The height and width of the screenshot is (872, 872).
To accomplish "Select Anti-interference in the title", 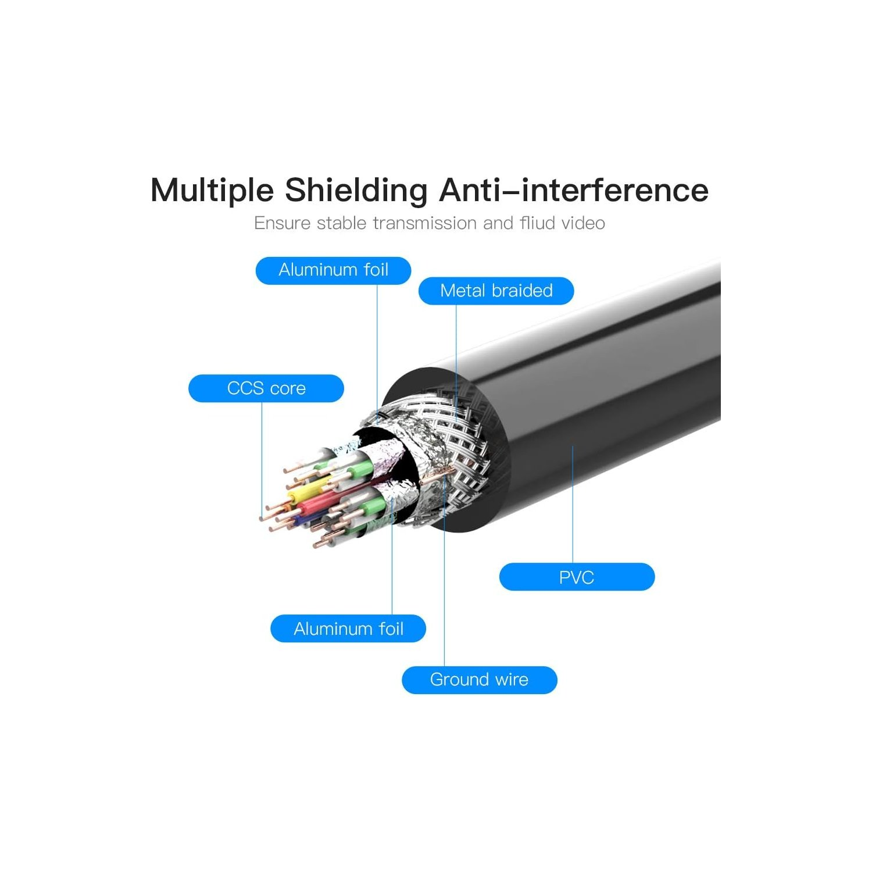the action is click(x=574, y=190).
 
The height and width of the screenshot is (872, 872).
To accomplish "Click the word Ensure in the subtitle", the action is click(x=283, y=223).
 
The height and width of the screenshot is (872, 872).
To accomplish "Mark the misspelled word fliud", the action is click(x=538, y=223).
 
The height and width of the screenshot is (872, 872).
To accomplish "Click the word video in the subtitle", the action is click(x=582, y=223).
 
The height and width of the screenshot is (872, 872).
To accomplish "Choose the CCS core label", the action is click(x=266, y=388).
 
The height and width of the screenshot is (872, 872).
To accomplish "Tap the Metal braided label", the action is click(x=496, y=291).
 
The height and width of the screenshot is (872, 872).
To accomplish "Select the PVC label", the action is click(x=577, y=577).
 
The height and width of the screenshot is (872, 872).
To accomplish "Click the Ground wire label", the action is click(x=480, y=680).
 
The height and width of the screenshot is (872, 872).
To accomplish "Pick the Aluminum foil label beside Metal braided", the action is click(x=334, y=270).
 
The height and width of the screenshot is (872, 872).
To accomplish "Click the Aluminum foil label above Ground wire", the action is click(x=348, y=628).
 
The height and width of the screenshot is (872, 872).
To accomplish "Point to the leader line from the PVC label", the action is click(x=573, y=505).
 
